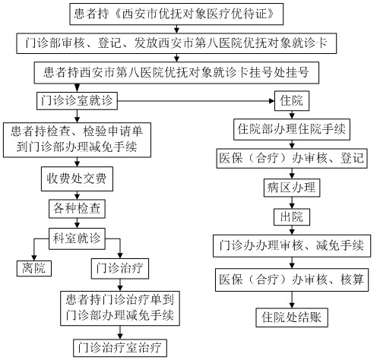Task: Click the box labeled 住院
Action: (292, 101)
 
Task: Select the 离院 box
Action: (34, 268)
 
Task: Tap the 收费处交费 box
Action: (77, 178)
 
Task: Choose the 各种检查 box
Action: (77, 209)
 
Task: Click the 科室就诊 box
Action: (77, 238)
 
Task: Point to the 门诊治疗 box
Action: (120, 268)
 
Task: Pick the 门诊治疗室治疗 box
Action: (120, 348)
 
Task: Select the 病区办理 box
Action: (292, 188)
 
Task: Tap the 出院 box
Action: (292, 217)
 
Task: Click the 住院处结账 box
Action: (292, 317)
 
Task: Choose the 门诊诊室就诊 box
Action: (77, 101)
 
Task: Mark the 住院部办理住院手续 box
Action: (292, 129)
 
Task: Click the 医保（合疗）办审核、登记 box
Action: (292, 159)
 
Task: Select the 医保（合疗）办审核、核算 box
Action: (292, 279)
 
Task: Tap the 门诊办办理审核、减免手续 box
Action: (292, 246)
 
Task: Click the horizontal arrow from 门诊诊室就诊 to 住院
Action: (196, 101)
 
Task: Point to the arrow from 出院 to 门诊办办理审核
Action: (292, 230)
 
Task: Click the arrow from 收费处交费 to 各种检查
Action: (77, 195)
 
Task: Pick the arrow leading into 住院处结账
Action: (292, 300)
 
